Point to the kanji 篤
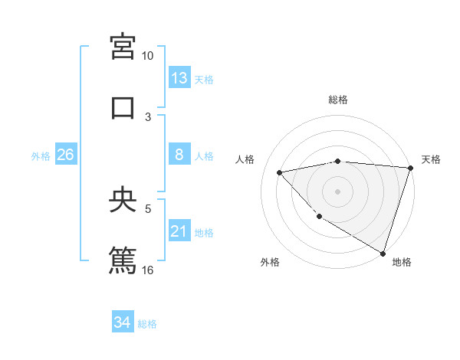123,259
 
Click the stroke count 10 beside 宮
147,56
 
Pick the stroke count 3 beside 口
148,116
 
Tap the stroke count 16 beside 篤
148,270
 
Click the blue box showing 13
179,78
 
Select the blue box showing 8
179,155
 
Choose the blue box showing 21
179,231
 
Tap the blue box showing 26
66,155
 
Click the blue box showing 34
123,322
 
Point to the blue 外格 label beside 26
41,156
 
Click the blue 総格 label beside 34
147,324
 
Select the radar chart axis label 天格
432,159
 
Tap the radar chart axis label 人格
246,159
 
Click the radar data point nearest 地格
383,253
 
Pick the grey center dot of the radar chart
337,191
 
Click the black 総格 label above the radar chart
338,100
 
